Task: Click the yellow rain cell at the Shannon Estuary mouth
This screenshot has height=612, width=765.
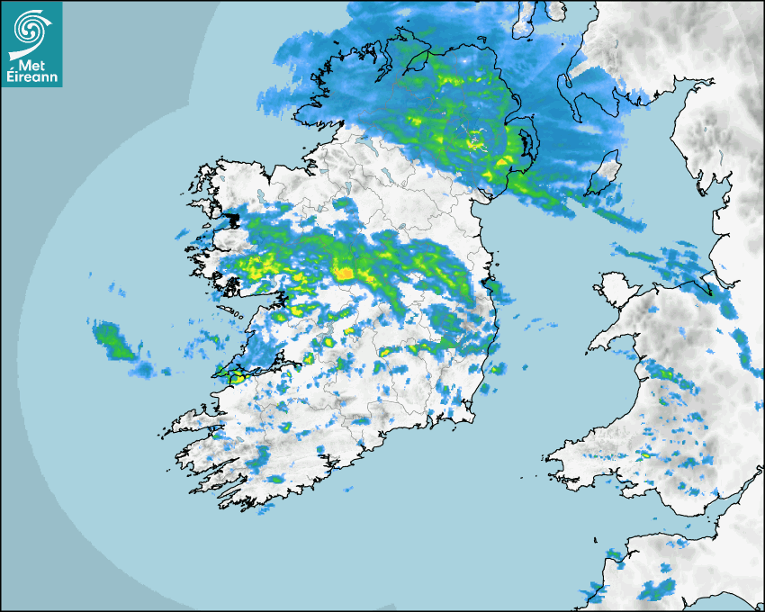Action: [236, 377]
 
